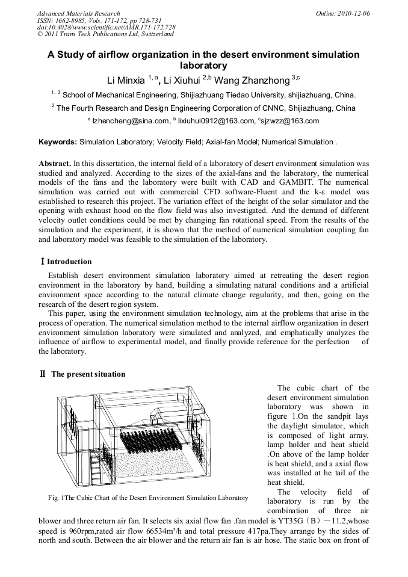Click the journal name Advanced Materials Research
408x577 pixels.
[x=78, y=13]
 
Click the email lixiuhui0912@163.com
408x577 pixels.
[x=216, y=122]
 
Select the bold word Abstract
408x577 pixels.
[x=55, y=163]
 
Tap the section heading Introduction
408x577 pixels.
[x=69, y=262]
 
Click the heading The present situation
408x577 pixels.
[x=88, y=374]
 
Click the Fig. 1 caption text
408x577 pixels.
[x=148, y=498]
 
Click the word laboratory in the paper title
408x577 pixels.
[x=203, y=65]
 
